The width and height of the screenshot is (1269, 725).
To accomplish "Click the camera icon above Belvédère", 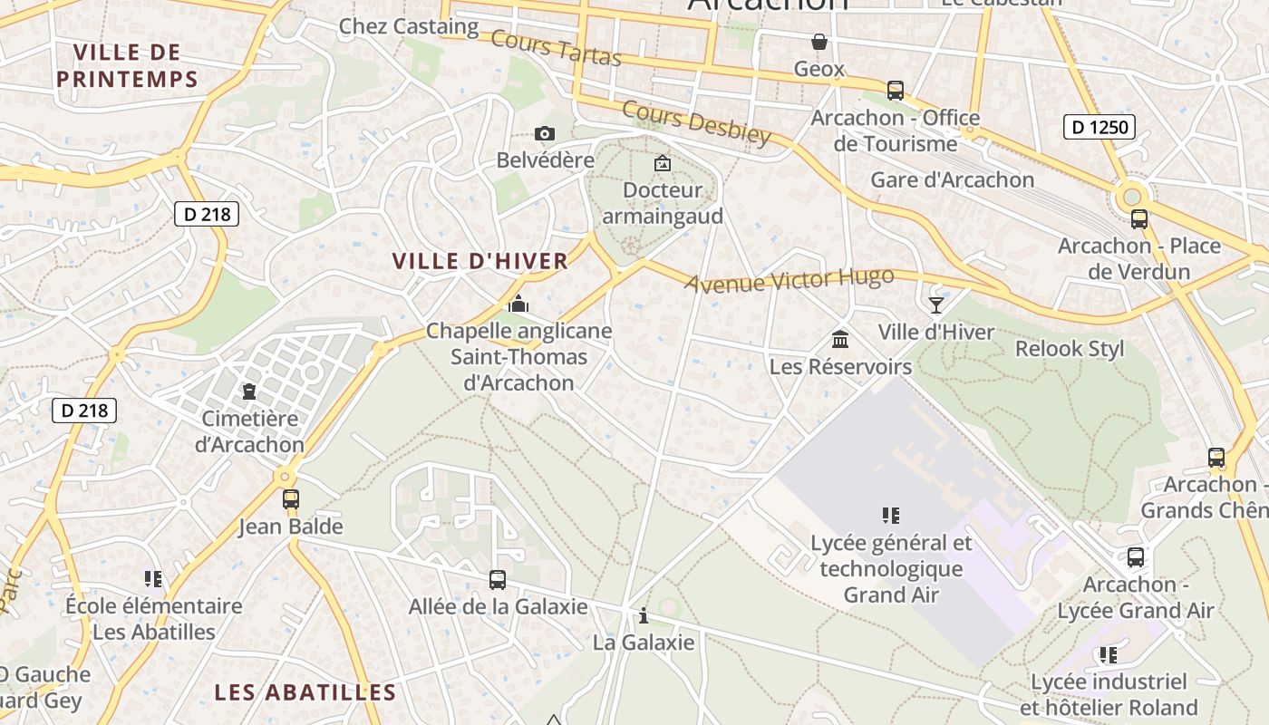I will click(x=544, y=134).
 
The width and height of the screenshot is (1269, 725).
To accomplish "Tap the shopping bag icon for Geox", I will click(x=819, y=42).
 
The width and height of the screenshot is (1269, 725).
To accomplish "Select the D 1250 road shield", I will click(x=1100, y=127).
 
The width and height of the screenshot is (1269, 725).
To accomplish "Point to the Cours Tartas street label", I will click(x=557, y=48).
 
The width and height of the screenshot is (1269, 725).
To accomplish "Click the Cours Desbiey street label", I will click(x=696, y=122).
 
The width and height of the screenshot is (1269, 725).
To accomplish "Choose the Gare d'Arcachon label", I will click(x=952, y=179).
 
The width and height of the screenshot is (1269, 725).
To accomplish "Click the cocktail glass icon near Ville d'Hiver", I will click(x=936, y=304).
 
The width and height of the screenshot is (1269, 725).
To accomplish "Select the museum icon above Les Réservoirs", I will click(x=840, y=340).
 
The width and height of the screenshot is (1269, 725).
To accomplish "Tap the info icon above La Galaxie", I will click(x=644, y=616).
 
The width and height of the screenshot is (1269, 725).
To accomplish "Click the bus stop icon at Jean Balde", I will click(x=290, y=499).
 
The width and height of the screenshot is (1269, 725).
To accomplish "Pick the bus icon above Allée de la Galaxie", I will click(x=497, y=579).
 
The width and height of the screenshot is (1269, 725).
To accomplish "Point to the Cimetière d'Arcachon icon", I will click(x=248, y=391).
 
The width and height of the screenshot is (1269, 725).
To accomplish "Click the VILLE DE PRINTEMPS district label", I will click(x=127, y=65).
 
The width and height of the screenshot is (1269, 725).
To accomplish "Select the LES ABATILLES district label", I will click(x=305, y=693).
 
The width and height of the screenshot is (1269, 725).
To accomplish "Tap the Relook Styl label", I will click(x=1070, y=349).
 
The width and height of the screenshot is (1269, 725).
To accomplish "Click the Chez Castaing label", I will click(x=408, y=26).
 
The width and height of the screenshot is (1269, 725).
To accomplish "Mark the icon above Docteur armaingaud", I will click(x=663, y=163).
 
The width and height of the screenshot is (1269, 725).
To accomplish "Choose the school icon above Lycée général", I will click(x=890, y=516).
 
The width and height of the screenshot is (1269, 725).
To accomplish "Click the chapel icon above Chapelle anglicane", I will click(x=518, y=304).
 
